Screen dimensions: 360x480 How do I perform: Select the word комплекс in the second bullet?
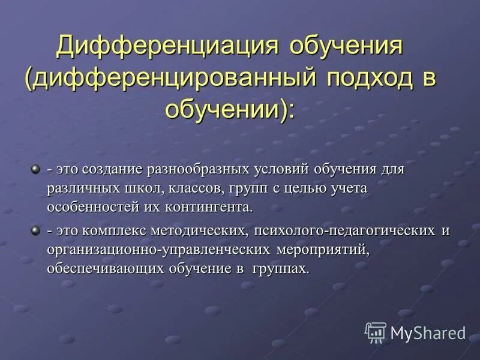pos(112,231)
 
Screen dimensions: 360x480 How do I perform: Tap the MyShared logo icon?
pos(375,332)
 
